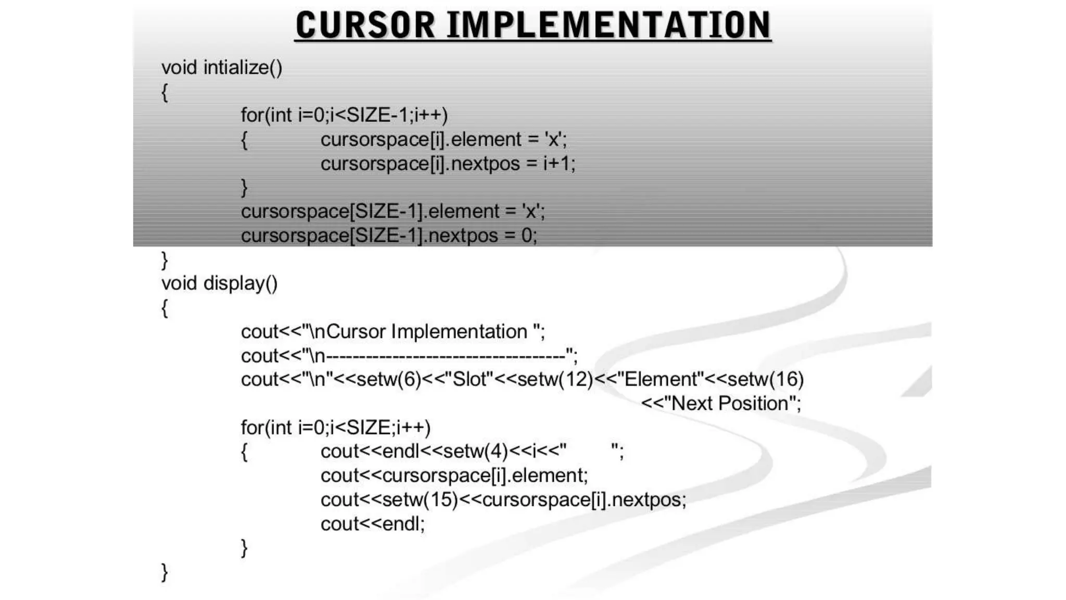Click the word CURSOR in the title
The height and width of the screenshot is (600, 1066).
click(x=365, y=25)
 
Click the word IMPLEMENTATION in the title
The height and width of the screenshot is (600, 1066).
click(x=609, y=25)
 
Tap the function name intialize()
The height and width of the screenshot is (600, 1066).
click(x=243, y=68)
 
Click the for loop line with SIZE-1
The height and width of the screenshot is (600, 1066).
click(x=344, y=115)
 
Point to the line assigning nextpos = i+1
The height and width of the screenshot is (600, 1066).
click(x=448, y=164)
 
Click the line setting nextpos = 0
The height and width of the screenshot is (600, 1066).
click(x=389, y=235)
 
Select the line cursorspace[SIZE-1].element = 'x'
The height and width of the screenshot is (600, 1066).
click(x=393, y=211)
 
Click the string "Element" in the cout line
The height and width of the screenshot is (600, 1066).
click(x=660, y=379)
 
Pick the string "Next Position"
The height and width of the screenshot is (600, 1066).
click(x=729, y=403)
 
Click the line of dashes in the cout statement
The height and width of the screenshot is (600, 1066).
click(x=445, y=356)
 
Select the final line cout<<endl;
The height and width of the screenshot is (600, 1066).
click(x=373, y=523)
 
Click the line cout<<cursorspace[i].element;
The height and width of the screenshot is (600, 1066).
click(x=454, y=475)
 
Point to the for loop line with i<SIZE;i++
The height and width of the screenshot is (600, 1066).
click(x=336, y=428)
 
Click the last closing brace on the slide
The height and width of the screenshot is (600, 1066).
click(x=164, y=572)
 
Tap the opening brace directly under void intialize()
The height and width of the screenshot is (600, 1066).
click(x=164, y=93)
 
